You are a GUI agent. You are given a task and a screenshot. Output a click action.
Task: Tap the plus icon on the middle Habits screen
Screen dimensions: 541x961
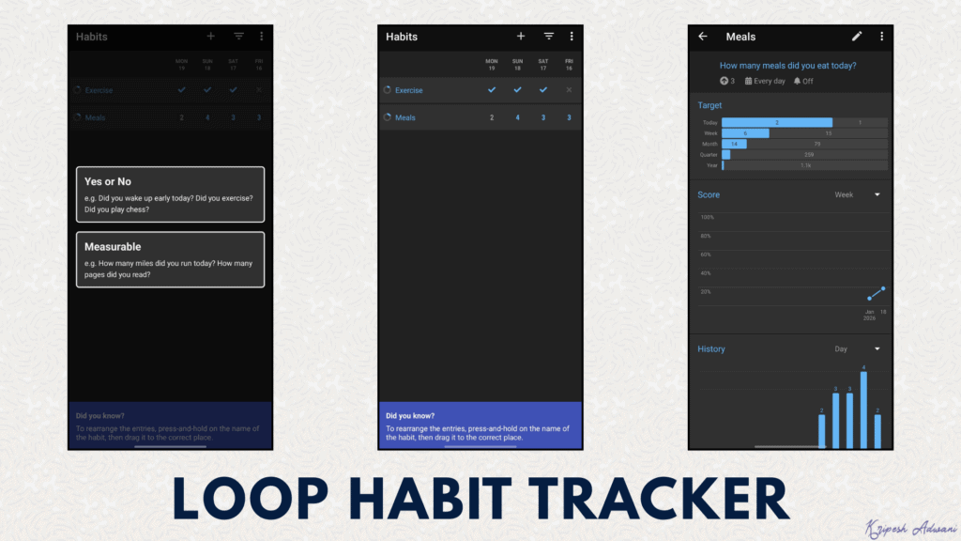[521, 37]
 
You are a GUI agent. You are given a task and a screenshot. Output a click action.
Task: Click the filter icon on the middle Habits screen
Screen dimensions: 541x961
[549, 37]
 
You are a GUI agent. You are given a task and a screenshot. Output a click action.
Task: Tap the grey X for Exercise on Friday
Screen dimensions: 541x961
[569, 90]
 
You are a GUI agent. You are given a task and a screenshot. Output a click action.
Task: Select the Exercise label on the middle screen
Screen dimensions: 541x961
[408, 90]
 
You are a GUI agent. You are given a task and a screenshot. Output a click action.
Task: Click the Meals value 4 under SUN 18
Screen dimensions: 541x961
[517, 117]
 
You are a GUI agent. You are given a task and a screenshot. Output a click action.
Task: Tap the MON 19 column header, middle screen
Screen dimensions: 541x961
[491, 65]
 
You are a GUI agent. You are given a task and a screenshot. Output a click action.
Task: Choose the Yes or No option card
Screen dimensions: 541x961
[170, 194]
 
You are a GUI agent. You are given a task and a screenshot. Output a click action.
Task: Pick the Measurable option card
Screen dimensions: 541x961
[170, 259]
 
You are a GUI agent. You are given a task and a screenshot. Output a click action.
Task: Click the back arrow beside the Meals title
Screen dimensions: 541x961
[703, 37]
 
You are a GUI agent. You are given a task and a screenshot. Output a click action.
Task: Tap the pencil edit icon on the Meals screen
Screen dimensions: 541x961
[856, 37]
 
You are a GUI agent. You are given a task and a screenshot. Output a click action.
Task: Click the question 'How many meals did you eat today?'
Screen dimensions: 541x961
[787, 66]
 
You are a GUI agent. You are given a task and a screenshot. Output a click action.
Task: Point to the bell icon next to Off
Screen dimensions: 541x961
[797, 82]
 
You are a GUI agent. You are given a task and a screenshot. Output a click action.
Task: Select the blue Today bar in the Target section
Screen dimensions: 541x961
[776, 122]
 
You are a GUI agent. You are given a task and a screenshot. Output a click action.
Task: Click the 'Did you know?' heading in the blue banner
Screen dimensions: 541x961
[410, 415]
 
